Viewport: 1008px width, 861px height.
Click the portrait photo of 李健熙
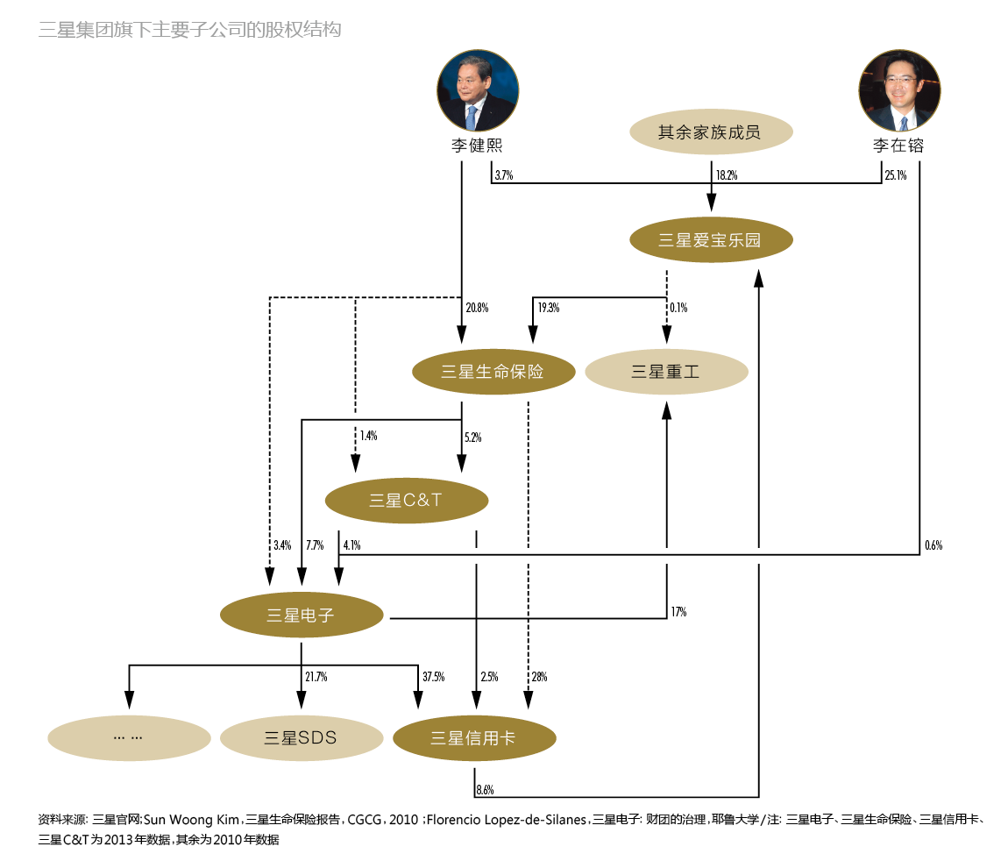coord(478,91)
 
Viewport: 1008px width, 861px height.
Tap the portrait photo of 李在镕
coord(898,91)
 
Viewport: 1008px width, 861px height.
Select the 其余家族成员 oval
coord(711,134)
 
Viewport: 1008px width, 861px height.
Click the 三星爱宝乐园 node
coord(711,239)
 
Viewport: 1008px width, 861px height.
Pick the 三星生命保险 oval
coord(493,372)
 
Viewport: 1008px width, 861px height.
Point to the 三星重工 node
coord(666,372)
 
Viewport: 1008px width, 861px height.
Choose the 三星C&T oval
coord(407,502)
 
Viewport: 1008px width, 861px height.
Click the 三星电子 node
coord(302,616)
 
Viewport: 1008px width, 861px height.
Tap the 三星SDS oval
coord(302,737)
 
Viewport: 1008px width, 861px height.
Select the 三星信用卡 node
coord(474,738)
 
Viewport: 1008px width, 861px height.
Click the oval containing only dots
coord(129,737)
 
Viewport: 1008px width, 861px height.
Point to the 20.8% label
coord(477,308)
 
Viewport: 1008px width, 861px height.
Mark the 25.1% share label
coord(895,175)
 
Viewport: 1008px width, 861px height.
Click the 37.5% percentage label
coord(433,677)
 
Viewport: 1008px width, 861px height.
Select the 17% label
coord(678,612)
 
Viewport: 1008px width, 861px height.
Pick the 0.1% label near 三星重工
coord(678,308)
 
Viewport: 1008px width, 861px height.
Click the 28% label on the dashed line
coord(539,677)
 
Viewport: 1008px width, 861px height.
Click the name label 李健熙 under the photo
coord(478,146)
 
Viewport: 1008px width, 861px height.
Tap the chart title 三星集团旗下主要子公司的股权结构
coord(190,30)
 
